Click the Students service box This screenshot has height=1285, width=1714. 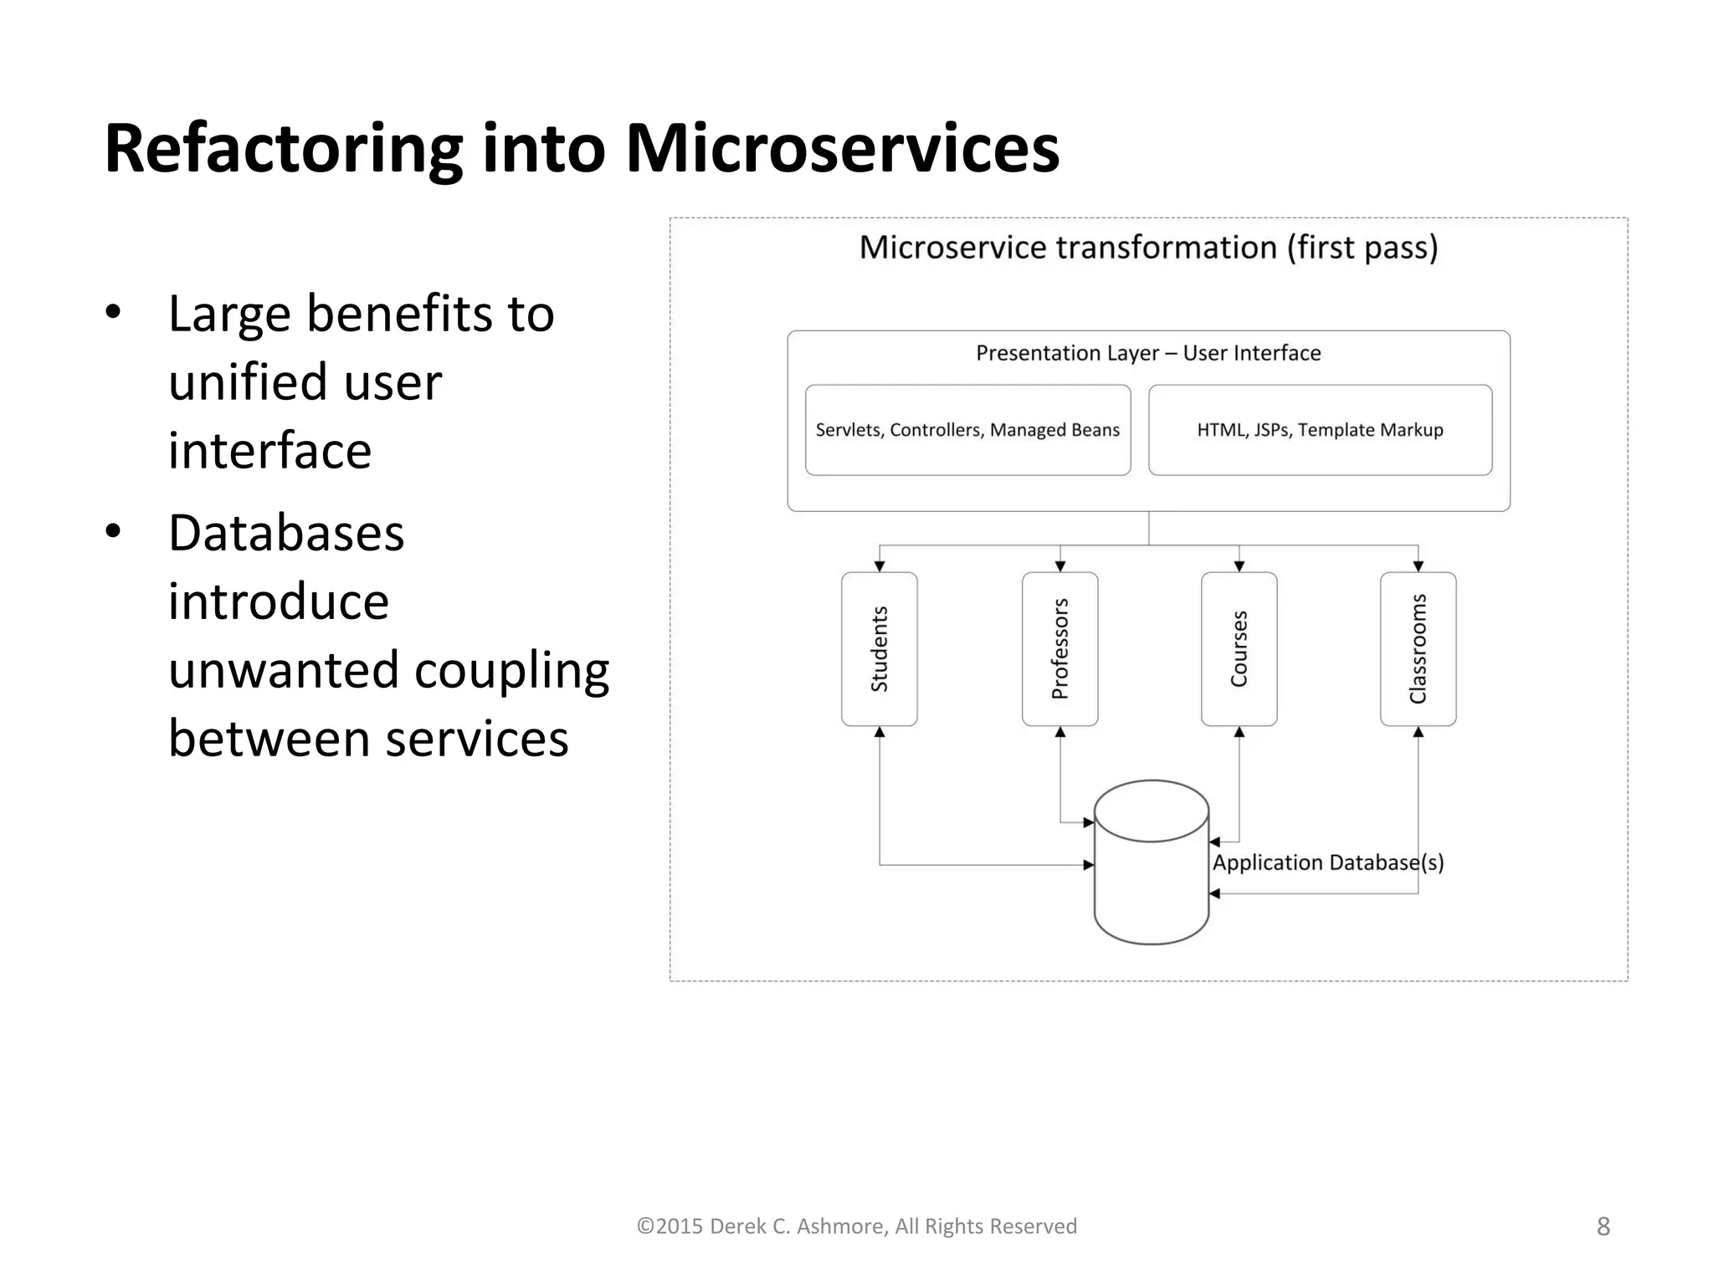click(879, 648)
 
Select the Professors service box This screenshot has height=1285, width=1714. click(1060, 648)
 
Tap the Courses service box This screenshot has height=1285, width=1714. click(1239, 648)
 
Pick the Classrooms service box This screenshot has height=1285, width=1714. click(1418, 648)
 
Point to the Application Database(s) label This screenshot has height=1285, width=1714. click(1328, 863)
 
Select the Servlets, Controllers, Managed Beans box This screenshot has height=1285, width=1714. click(967, 430)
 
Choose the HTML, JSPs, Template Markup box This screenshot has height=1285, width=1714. click(1320, 430)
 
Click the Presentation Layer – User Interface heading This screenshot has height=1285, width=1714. click(1148, 353)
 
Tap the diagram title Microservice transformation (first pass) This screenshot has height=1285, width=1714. click(1148, 248)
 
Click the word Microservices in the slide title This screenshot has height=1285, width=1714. click(842, 149)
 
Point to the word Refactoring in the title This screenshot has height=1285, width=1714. click(283, 149)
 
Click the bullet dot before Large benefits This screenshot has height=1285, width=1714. click(114, 313)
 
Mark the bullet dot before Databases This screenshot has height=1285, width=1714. click(114, 532)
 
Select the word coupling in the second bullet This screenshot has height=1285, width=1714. click(511, 671)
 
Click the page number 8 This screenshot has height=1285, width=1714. click(1603, 1226)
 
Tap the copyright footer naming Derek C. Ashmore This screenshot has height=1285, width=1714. click(856, 1226)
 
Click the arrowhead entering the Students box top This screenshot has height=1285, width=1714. click(880, 566)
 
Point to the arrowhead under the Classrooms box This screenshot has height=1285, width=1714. click(1419, 732)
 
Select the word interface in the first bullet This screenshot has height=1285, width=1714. click(269, 450)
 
